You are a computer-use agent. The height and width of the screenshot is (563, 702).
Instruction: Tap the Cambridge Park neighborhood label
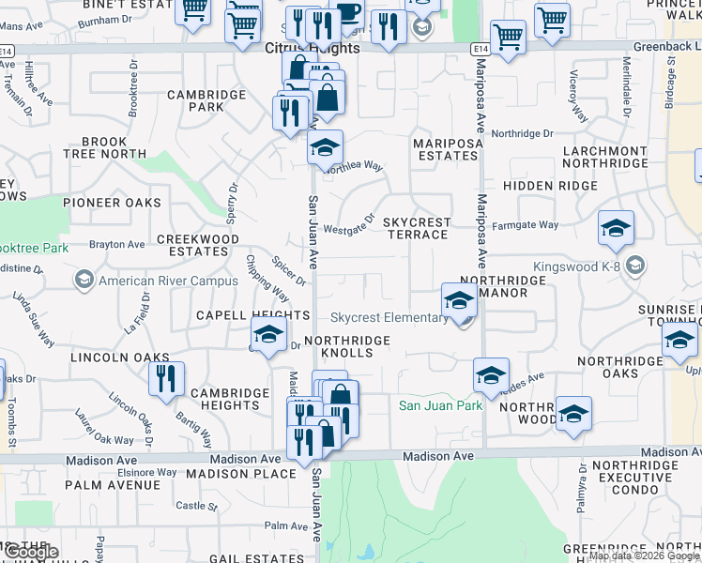206,100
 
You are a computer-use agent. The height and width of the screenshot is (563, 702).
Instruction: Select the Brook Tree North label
104,147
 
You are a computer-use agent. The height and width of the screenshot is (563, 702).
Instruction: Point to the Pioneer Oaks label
112,203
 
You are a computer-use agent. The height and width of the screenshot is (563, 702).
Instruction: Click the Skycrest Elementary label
389,317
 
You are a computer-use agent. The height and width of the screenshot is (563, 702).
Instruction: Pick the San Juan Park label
440,405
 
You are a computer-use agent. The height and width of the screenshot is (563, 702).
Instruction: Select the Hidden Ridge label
549,186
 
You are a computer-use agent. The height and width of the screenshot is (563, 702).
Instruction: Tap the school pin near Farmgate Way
616,228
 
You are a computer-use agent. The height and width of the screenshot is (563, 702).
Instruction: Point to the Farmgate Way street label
526,225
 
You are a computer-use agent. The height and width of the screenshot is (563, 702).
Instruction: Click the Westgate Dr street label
349,225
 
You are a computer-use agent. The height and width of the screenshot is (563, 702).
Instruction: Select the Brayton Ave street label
117,245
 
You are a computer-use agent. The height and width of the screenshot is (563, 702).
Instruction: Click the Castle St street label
196,506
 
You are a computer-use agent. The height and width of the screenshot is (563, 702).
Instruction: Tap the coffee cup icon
348,12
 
